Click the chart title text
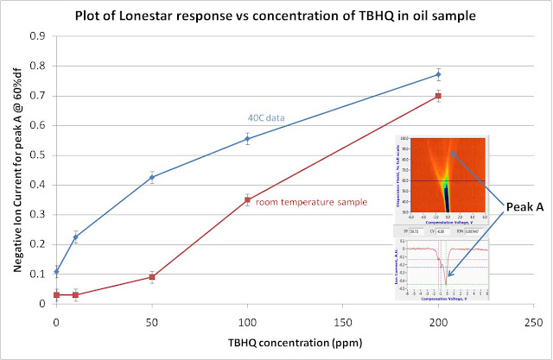[x=276, y=16]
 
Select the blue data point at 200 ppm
[x=437, y=75]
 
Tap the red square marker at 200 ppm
[x=437, y=96]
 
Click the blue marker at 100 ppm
[x=247, y=139]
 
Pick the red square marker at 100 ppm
[x=247, y=200]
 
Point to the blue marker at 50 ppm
[x=152, y=178]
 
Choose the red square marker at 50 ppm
[x=152, y=277]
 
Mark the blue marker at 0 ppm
[x=57, y=272]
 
